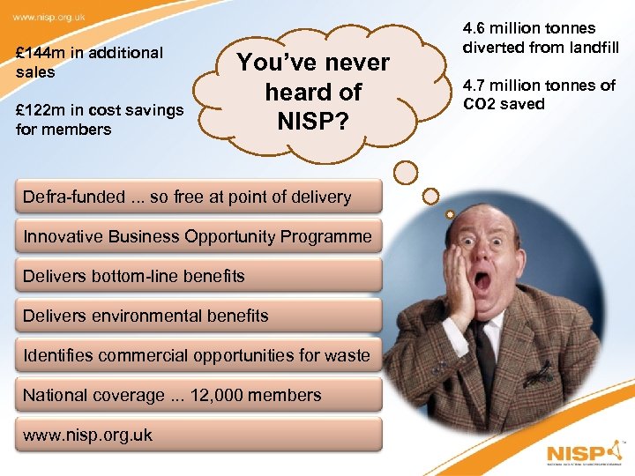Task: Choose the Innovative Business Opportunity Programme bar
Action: tap(198, 236)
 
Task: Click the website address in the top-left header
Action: tap(49, 16)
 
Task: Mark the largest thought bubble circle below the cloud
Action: tap(406, 172)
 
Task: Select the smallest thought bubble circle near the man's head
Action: tap(450, 214)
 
